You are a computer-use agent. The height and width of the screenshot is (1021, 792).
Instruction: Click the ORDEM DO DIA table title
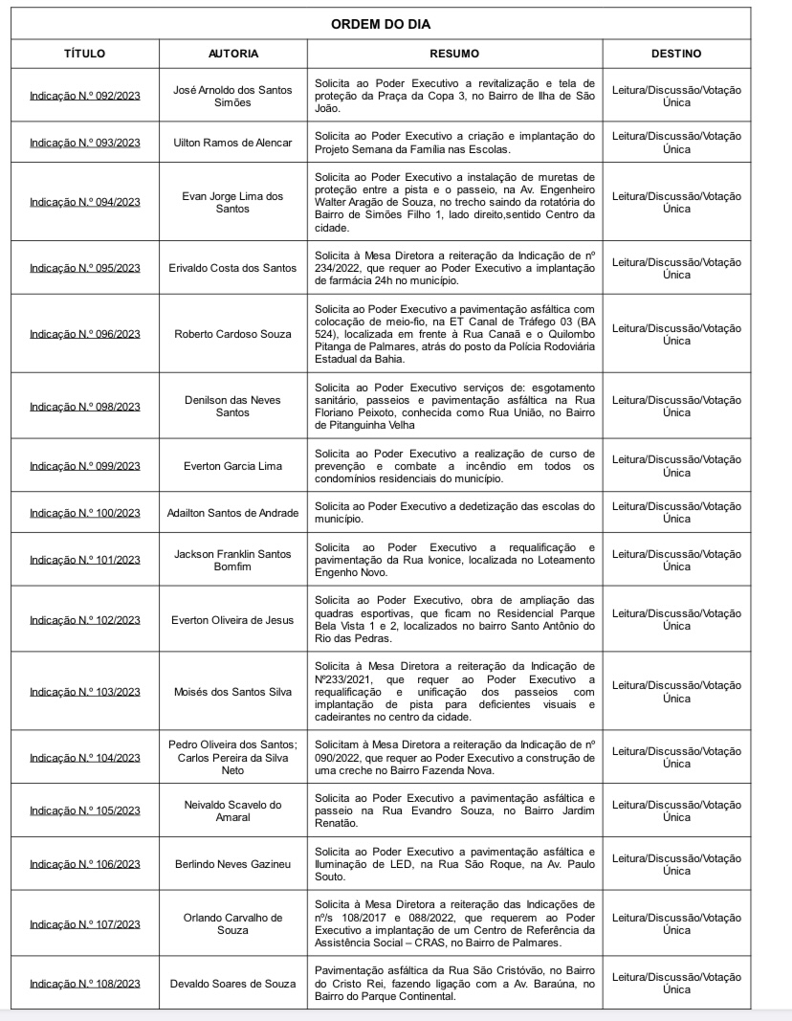(380, 24)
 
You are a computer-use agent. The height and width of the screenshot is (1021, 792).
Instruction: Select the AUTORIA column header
(233, 54)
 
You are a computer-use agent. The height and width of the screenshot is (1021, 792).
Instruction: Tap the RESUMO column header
(454, 54)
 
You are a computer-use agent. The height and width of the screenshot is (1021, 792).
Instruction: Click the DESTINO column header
(676, 54)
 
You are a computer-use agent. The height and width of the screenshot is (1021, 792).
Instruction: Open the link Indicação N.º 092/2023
(85, 96)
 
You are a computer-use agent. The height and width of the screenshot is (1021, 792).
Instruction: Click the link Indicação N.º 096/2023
(85, 334)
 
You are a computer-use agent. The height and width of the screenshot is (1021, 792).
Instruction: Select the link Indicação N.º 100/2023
(85, 513)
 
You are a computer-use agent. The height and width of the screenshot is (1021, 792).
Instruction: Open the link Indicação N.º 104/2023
(85, 757)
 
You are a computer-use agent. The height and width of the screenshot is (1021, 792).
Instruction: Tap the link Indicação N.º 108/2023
(85, 983)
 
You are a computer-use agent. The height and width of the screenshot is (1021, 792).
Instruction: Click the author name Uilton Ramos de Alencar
(233, 143)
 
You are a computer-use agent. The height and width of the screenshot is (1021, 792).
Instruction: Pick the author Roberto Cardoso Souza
(233, 334)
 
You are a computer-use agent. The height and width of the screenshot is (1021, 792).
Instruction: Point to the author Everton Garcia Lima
(233, 466)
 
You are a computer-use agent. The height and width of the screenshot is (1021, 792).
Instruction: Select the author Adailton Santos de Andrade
(233, 513)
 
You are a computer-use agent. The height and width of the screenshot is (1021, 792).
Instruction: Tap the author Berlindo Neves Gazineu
(233, 864)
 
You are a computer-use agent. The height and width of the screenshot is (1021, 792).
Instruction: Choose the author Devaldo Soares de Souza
(233, 983)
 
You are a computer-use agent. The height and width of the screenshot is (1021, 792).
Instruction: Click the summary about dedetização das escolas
(454, 513)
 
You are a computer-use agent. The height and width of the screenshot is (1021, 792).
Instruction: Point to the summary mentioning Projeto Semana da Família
(454, 143)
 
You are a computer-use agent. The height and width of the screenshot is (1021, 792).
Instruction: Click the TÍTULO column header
(85, 54)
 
